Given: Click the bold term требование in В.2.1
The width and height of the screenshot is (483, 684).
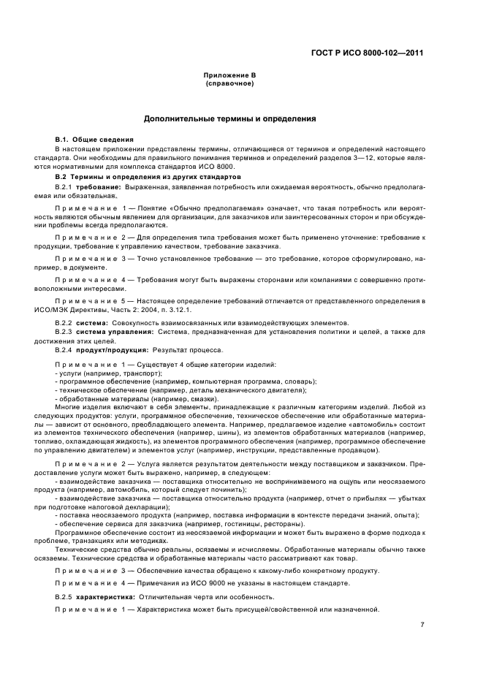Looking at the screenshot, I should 104,188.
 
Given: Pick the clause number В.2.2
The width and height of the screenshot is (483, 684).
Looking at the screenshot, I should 66,322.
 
